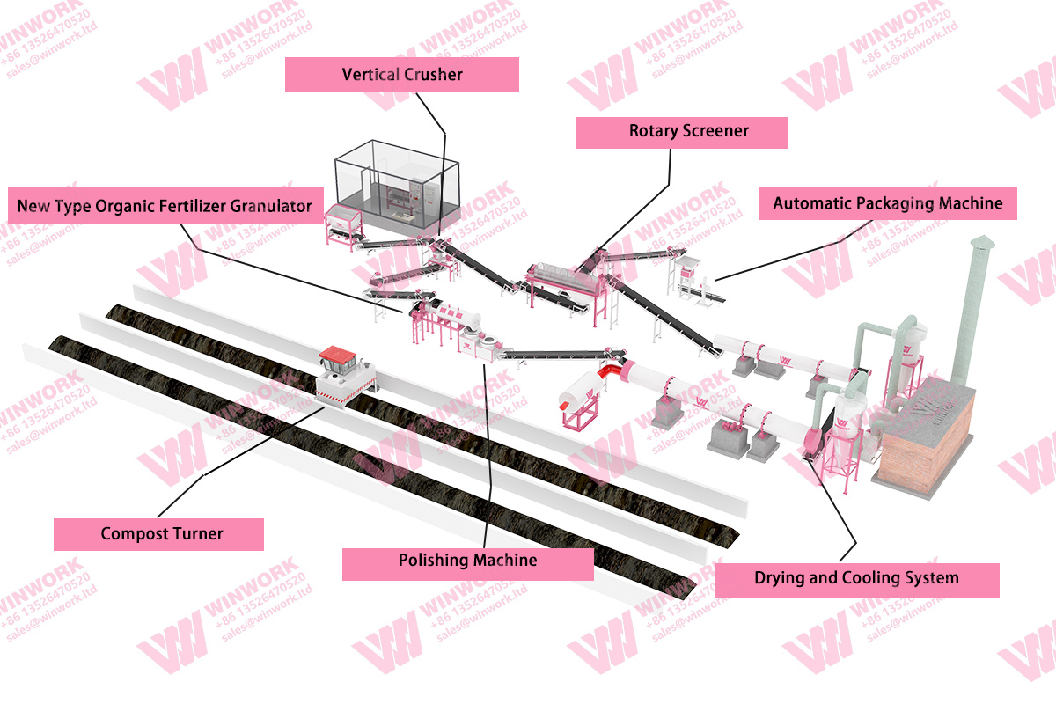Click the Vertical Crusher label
(401, 75)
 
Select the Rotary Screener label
(680, 131)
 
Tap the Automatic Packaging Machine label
(887, 203)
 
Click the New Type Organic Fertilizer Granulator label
(165, 206)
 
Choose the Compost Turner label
(158, 533)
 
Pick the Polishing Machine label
(467, 561)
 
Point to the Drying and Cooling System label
(855, 578)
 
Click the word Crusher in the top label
(433, 75)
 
